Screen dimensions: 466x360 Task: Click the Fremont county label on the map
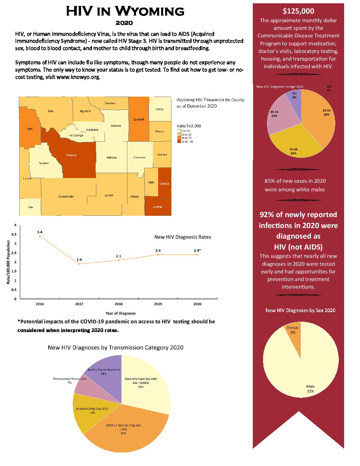(x=71, y=155)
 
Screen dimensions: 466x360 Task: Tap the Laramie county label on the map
(x=157, y=207)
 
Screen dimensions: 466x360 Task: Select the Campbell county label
(x=138, y=119)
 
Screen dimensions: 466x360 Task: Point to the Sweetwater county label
(x=66, y=196)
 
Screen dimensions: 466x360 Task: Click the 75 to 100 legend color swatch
(x=179, y=141)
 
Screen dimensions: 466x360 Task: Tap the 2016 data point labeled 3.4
(x=40, y=236)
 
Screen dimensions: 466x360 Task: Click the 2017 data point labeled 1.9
(x=79, y=264)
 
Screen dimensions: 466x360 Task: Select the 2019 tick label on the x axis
(x=158, y=304)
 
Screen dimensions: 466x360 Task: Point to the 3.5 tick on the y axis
(x=14, y=234)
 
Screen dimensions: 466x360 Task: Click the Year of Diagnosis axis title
(x=120, y=313)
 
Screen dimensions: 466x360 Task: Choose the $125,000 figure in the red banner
(x=298, y=11)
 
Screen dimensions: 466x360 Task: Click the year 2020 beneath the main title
(x=124, y=23)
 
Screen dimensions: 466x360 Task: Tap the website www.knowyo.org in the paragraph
(x=78, y=77)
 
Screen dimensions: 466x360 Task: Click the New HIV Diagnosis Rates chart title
(x=182, y=237)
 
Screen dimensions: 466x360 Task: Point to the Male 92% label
(x=310, y=389)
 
